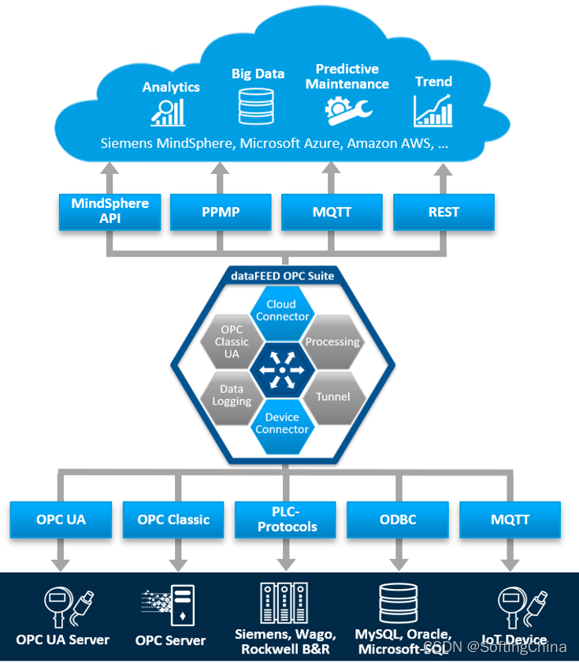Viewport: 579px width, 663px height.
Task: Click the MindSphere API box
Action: (110, 212)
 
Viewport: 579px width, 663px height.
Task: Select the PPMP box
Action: (221, 212)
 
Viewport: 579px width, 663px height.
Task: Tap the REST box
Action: (444, 212)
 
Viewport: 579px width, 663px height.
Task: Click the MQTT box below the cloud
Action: (332, 212)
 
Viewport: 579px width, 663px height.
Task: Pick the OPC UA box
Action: (61, 520)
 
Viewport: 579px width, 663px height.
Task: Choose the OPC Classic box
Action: (173, 520)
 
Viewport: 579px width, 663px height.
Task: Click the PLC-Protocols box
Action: (287, 520)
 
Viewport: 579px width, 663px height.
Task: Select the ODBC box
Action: (398, 520)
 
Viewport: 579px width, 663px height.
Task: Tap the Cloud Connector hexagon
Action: (282, 310)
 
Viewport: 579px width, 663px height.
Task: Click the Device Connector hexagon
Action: (282, 423)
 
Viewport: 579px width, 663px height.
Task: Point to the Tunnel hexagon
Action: (332, 396)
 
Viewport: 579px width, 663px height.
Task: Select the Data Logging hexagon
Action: (232, 394)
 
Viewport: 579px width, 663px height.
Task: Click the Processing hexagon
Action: (332, 342)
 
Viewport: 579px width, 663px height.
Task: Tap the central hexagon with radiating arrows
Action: (282, 367)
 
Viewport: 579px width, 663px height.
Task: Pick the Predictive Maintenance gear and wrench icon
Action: (347, 111)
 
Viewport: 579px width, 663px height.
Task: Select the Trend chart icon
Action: (433, 111)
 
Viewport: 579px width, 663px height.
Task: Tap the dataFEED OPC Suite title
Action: (282, 276)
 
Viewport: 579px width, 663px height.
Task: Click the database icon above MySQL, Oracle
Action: (399, 603)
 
